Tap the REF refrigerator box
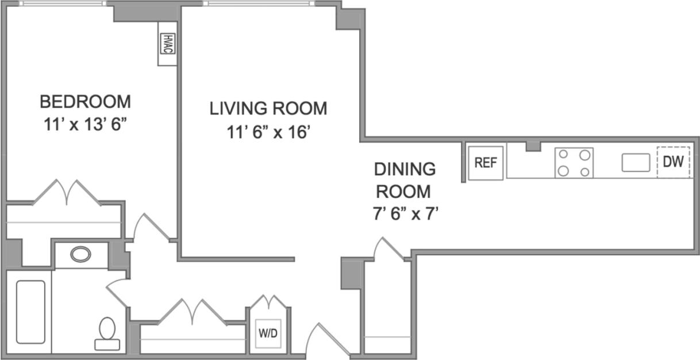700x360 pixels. (486, 163)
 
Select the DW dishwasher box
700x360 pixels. (674, 162)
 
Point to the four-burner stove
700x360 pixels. (574, 163)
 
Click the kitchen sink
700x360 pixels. (636, 163)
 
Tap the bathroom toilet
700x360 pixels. (107, 334)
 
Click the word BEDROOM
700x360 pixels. (85, 102)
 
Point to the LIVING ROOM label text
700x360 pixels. (268, 108)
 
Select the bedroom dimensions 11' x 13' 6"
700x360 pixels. (85, 125)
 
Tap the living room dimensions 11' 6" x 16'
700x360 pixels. (268, 133)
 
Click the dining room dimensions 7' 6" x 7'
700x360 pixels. (405, 214)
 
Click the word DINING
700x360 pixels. (405, 169)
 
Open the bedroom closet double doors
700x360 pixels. (67, 192)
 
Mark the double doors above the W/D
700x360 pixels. (268, 303)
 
